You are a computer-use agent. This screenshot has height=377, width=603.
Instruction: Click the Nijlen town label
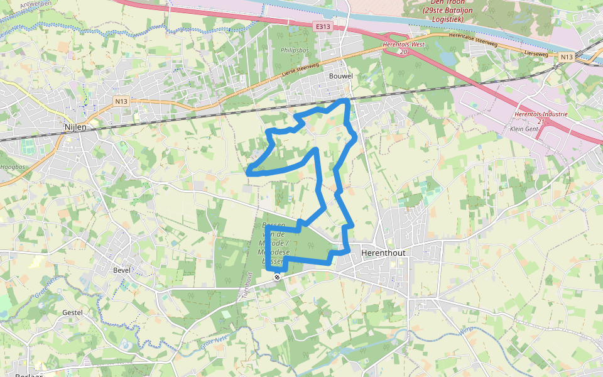pyautogui.click(x=75, y=126)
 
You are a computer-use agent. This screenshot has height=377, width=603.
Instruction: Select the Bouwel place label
pyautogui.click(x=341, y=76)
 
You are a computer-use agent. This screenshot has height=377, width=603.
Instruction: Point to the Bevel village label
pyautogui.click(x=121, y=270)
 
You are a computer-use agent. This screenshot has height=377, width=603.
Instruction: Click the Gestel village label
pyautogui.click(x=72, y=312)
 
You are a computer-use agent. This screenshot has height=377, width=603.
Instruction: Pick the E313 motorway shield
pyautogui.click(x=323, y=26)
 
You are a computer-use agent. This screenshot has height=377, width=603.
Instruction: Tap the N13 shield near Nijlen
pyautogui.click(x=121, y=101)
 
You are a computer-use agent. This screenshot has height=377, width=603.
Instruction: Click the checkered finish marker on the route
pyautogui.click(x=277, y=276)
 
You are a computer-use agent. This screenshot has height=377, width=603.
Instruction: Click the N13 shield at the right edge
pyautogui.click(x=567, y=57)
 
